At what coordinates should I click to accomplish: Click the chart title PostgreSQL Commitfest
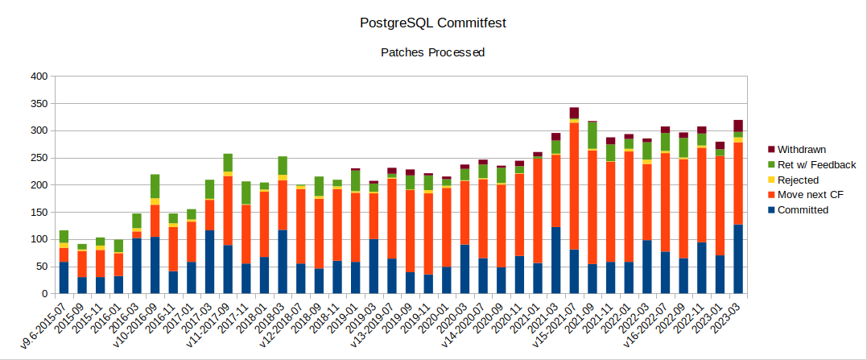click(x=433, y=22)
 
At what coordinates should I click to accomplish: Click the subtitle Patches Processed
click(x=433, y=53)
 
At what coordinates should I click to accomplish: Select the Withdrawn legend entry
click(x=802, y=150)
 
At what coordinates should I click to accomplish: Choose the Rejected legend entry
click(x=798, y=180)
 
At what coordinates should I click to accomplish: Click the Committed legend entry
click(x=802, y=210)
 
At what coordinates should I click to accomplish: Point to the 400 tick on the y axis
click(x=39, y=77)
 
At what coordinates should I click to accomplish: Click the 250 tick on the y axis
click(x=39, y=158)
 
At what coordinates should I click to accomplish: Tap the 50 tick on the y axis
click(x=41, y=267)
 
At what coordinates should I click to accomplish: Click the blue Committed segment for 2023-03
click(x=738, y=259)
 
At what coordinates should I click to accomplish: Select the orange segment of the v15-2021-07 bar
click(x=574, y=186)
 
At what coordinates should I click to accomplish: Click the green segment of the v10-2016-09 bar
click(x=155, y=186)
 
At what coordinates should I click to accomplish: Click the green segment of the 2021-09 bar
click(x=592, y=135)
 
